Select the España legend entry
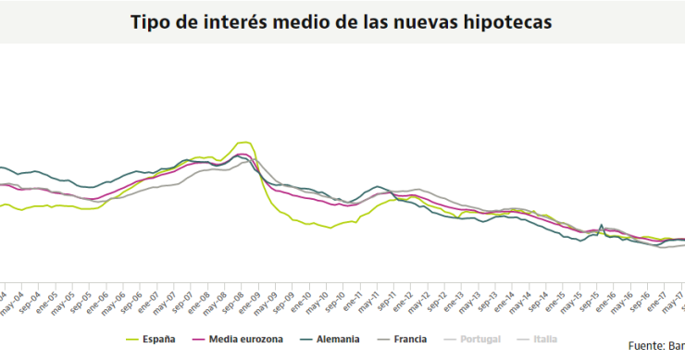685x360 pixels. click(157, 340)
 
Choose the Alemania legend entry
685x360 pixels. click(335, 340)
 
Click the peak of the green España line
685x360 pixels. click(245, 142)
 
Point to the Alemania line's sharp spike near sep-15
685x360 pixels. click(602, 224)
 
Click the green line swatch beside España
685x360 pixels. click(132, 340)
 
